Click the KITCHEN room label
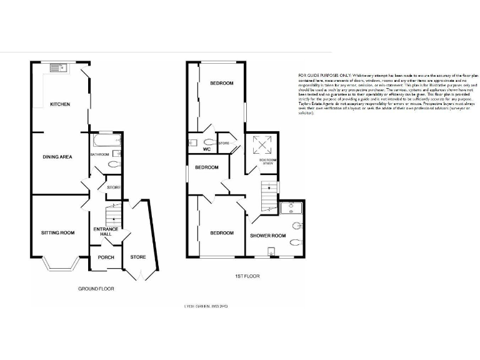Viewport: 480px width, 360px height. coord(60,104)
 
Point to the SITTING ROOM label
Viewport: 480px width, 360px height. coord(57,232)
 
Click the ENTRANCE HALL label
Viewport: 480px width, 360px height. coord(106,232)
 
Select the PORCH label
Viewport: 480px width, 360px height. coord(101,257)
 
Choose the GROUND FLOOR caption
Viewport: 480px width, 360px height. coord(96,289)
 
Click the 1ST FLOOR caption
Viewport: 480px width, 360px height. coord(247,276)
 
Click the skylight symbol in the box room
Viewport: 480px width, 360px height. coord(259,145)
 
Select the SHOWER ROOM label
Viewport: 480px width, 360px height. coord(267,236)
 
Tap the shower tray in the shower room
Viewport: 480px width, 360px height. coord(291,207)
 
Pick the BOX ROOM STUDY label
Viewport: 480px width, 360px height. coord(267,161)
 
